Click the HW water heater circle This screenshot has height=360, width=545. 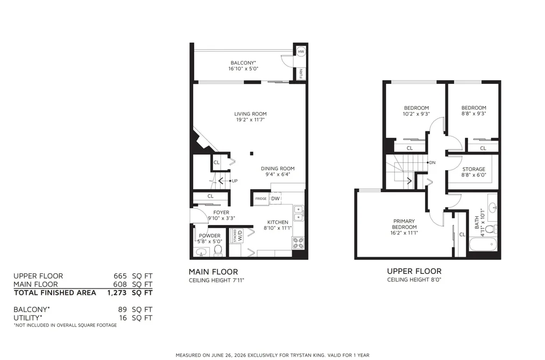[x=301, y=52]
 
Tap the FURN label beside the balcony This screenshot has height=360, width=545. [x=301, y=73]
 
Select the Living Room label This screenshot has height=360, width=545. [x=250, y=114]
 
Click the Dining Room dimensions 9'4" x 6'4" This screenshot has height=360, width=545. [x=278, y=174]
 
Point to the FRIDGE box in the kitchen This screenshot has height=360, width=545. [x=261, y=199]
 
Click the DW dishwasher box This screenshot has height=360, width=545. [x=275, y=199]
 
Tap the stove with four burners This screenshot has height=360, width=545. [x=298, y=243]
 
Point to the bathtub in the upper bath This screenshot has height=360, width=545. [x=484, y=244]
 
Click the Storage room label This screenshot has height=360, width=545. [x=474, y=169]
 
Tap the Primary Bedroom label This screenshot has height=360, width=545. [x=404, y=224]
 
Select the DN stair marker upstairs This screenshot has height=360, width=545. [x=431, y=163]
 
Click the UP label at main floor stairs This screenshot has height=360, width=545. [x=235, y=181]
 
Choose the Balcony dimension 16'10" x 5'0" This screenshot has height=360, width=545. [x=243, y=69]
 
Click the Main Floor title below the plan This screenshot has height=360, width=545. [x=214, y=272]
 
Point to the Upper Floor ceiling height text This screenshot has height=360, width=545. [x=414, y=280]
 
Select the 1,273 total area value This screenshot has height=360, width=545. [x=117, y=293]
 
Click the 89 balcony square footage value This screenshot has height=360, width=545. [x=122, y=309]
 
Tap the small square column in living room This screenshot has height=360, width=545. [x=252, y=153]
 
